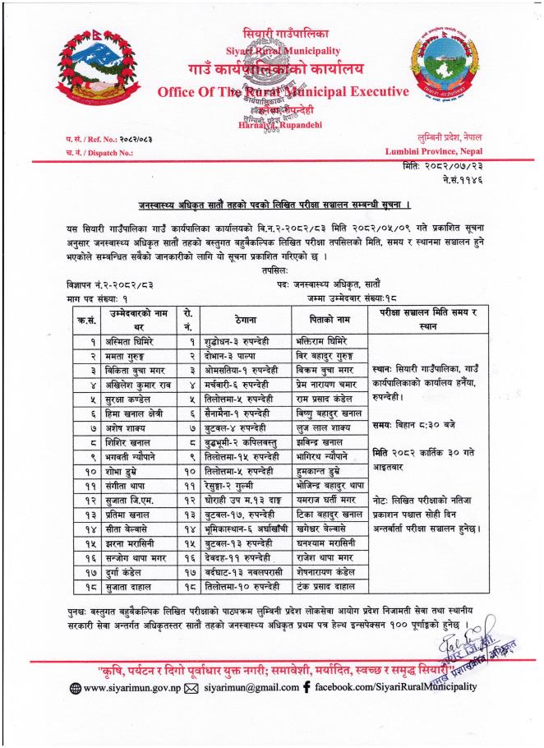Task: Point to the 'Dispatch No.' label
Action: click(x=90, y=152)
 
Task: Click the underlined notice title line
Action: click(x=270, y=205)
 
